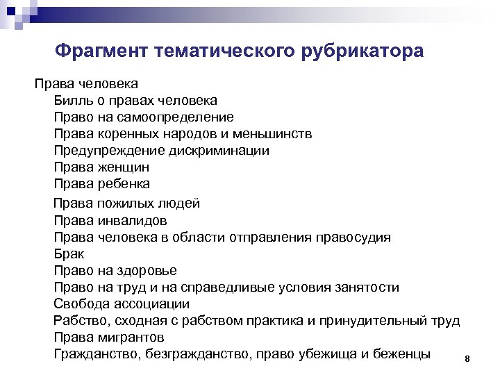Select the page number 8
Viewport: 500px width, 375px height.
(x=467, y=359)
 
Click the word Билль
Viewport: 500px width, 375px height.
(x=71, y=101)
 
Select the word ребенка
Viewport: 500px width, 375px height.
(x=125, y=184)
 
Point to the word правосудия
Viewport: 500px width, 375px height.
(x=354, y=237)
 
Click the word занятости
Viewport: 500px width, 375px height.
(x=366, y=287)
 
